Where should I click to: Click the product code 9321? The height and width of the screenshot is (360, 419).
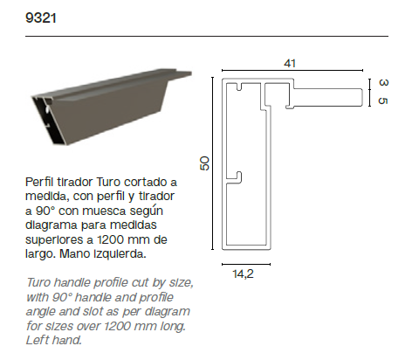pos(41,18)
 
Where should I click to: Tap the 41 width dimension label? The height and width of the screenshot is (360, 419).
pos(290,63)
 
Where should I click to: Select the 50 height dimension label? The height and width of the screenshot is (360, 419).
pos(204,163)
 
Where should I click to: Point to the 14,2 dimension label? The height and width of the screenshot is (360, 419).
pos(243,273)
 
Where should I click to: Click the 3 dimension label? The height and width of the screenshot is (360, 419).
pos(383,82)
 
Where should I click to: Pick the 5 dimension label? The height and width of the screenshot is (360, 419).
pos(383,100)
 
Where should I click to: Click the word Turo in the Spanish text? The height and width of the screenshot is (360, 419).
pos(108,182)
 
